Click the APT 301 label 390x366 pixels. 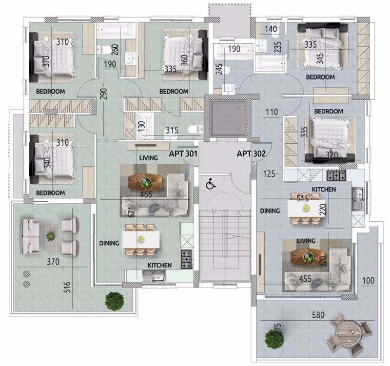pyautogui.click(x=183, y=154)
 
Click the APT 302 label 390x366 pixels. pyautogui.click(x=251, y=154)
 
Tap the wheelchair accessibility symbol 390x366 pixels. pyautogui.click(x=211, y=184)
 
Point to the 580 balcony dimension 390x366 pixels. pyautogui.click(x=318, y=315)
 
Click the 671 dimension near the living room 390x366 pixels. pyautogui.click(x=132, y=212)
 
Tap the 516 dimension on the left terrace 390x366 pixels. pyautogui.click(x=67, y=287)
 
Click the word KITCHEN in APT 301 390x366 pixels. pyautogui.click(x=160, y=265)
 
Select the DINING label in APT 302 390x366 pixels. pyautogui.click(x=270, y=211)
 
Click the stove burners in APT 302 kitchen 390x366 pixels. pyautogui.click(x=336, y=175)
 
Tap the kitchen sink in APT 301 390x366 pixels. pyautogui.click(x=154, y=276)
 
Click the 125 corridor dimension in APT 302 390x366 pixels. pyautogui.click(x=269, y=173)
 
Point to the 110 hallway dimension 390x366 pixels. pyautogui.click(x=272, y=112)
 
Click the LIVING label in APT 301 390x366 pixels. pyautogui.click(x=149, y=158)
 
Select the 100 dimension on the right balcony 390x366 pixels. pyautogui.click(x=368, y=280)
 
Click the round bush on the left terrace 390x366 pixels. pyautogui.click(x=115, y=301)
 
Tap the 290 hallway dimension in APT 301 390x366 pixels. pyautogui.click(x=104, y=94)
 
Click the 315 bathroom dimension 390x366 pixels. pyautogui.click(x=172, y=130)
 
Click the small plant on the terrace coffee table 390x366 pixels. pyautogui.click(x=51, y=236)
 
